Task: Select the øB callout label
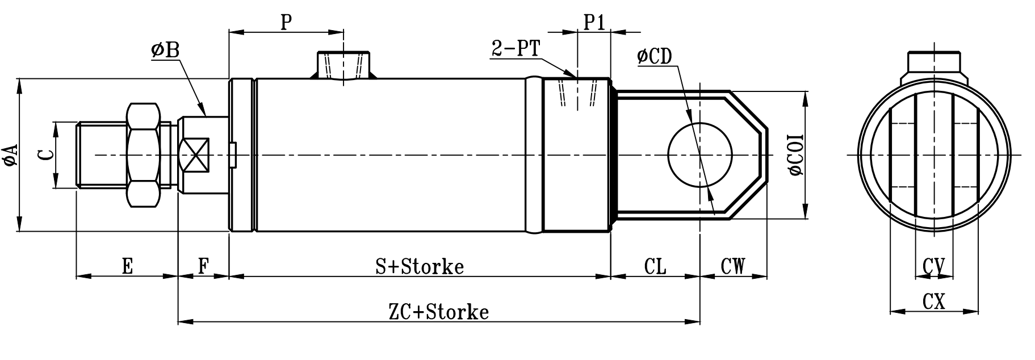tap(165, 51)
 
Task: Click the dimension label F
tap(203, 266)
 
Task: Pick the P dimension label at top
tap(286, 22)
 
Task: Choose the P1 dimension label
tap(594, 22)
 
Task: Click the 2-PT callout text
tap(516, 49)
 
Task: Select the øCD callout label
tap(655, 56)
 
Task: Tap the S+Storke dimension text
tap(420, 266)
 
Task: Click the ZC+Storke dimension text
tap(438, 312)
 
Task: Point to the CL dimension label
tap(655, 266)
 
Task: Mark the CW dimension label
tap(732, 266)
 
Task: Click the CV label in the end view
tap(933, 266)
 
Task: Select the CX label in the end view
tap(933, 302)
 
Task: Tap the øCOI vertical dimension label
tap(796, 155)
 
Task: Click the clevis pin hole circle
tap(700, 155)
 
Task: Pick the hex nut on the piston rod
tap(142, 154)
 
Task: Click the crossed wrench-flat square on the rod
tap(194, 155)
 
